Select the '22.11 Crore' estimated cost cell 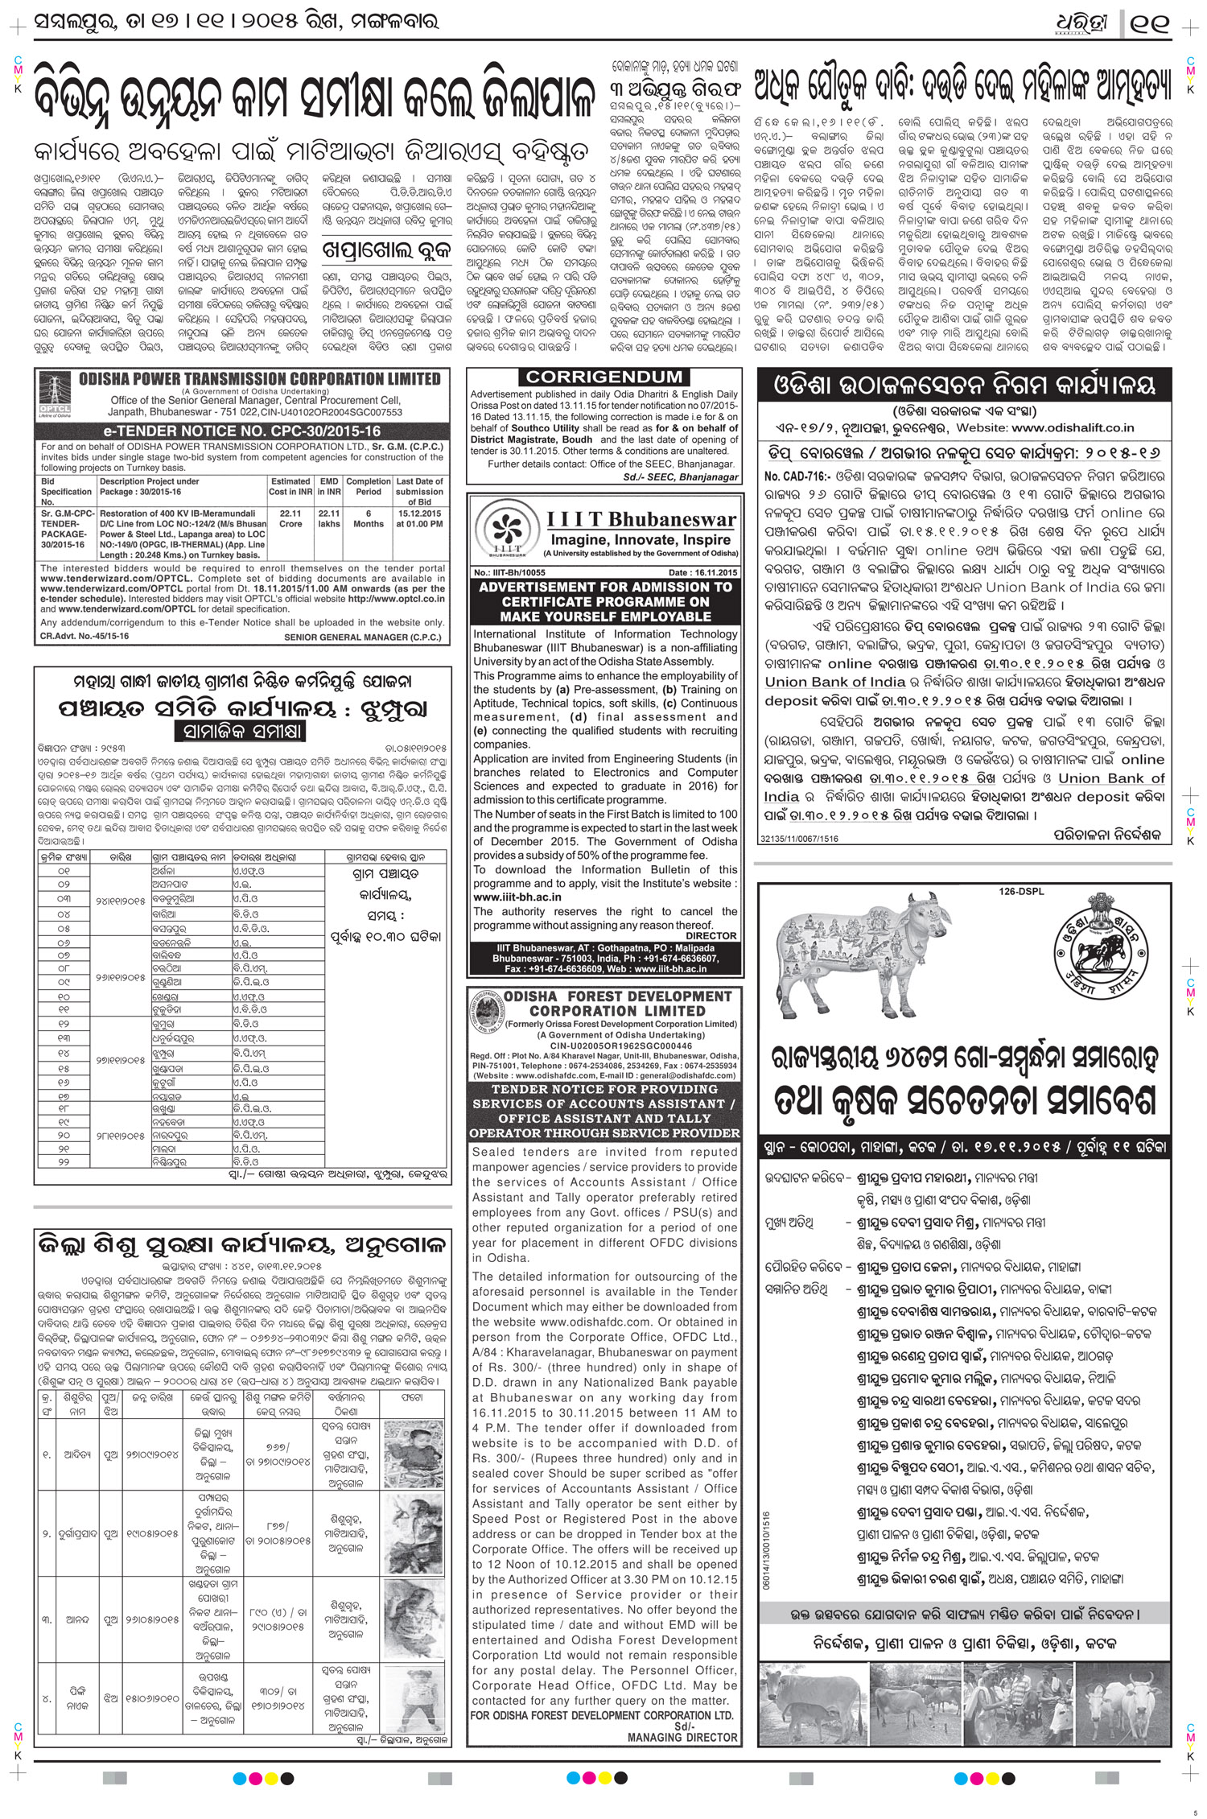click(x=290, y=518)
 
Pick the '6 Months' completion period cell click(x=369, y=518)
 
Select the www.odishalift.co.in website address click(x=1073, y=428)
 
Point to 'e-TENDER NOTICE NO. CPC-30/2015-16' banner click(x=241, y=431)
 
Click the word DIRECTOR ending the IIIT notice click(x=711, y=936)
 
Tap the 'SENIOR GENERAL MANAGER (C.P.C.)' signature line click(x=363, y=637)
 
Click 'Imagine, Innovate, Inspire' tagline click(x=641, y=539)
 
